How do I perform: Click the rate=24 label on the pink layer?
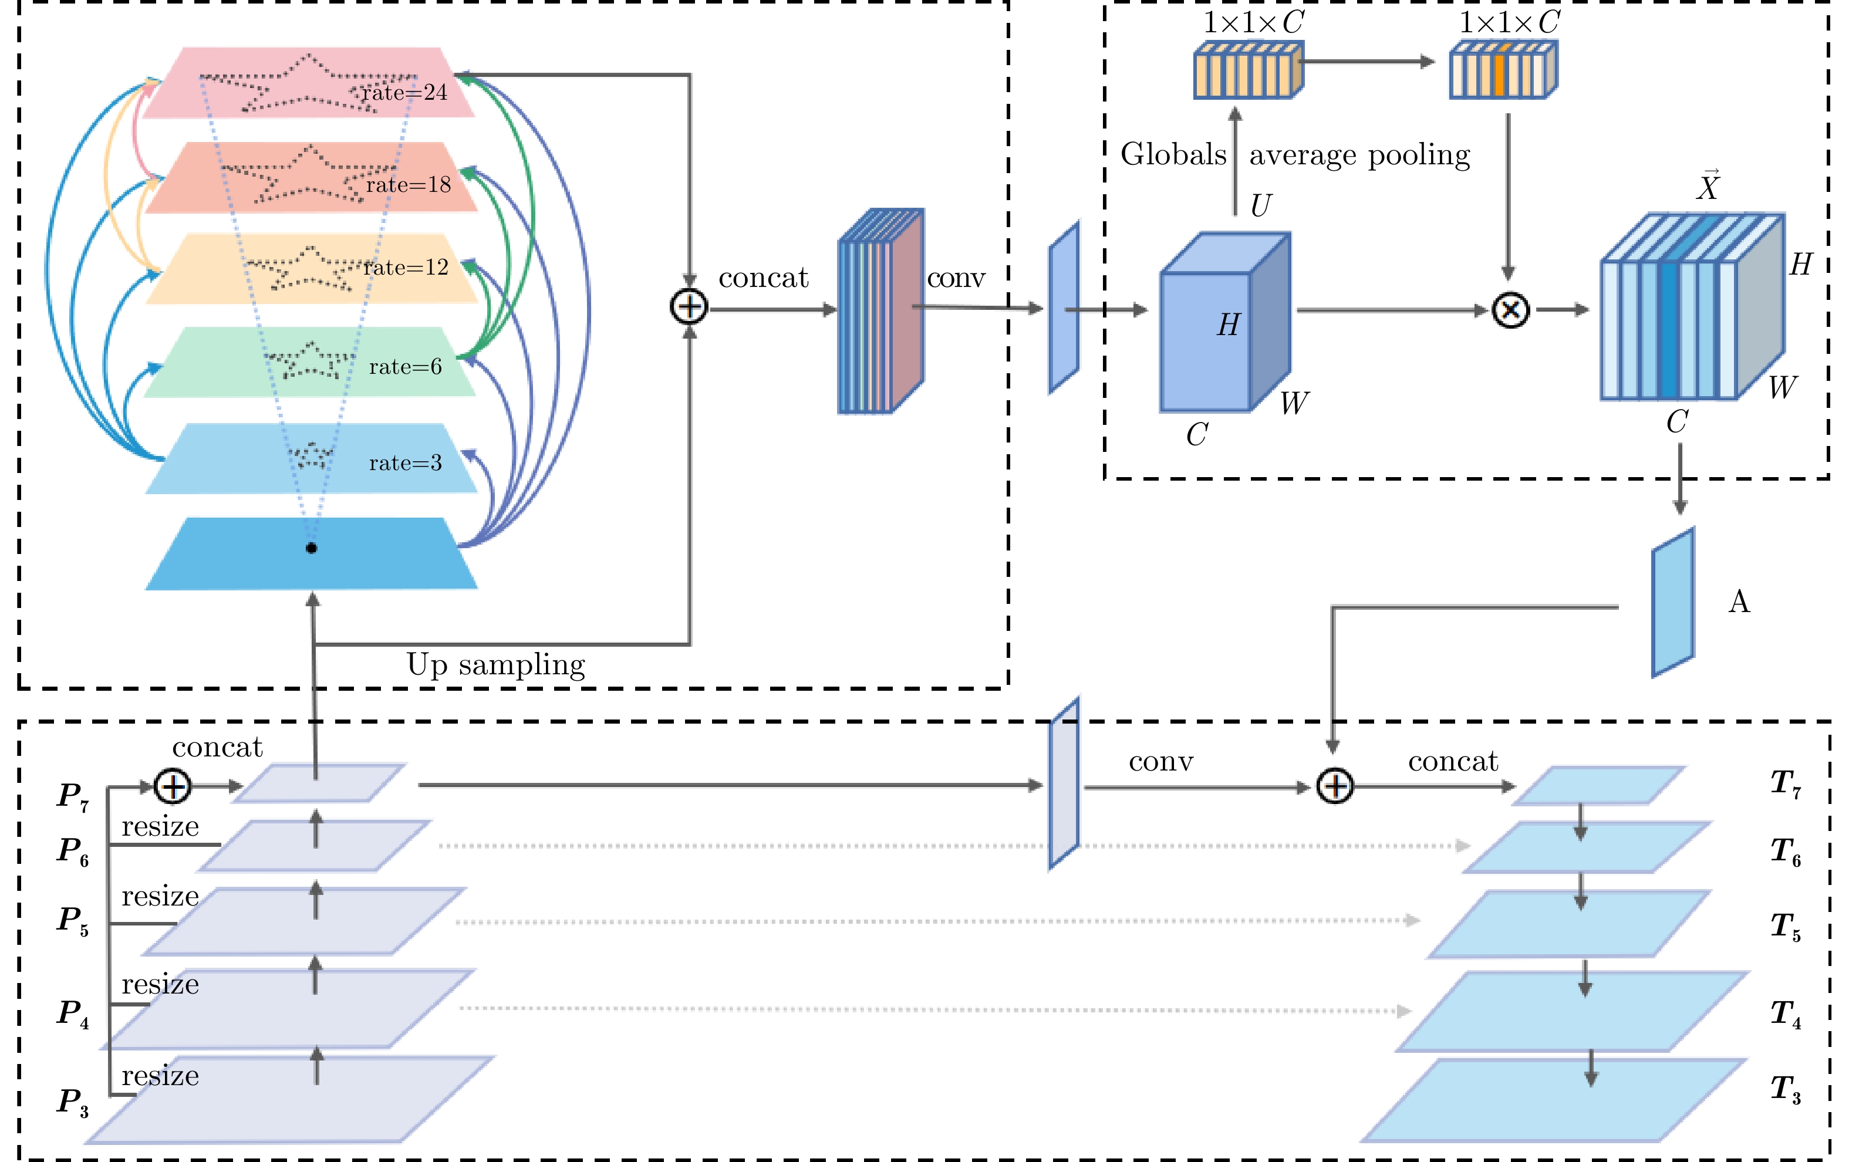(x=404, y=93)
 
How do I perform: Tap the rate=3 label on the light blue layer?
(x=406, y=463)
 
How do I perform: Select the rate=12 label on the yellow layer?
(x=406, y=267)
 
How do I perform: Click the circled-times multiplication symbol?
(x=1510, y=310)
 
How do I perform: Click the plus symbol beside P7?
(x=173, y=786)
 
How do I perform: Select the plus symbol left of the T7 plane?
(x=1335, y=786)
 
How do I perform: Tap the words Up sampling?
(x=496, y=665)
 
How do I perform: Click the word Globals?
(x=1173, y=154)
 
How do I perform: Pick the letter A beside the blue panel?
(x=1739, y=602)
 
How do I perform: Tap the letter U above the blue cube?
(x=1261, y=205)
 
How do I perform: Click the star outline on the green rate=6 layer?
(x=309, y=359)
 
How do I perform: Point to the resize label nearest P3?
(x=160, y=1076)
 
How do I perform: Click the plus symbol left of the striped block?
(x=689, y=307)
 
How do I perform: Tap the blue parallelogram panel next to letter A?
(x=1672, y=603)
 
